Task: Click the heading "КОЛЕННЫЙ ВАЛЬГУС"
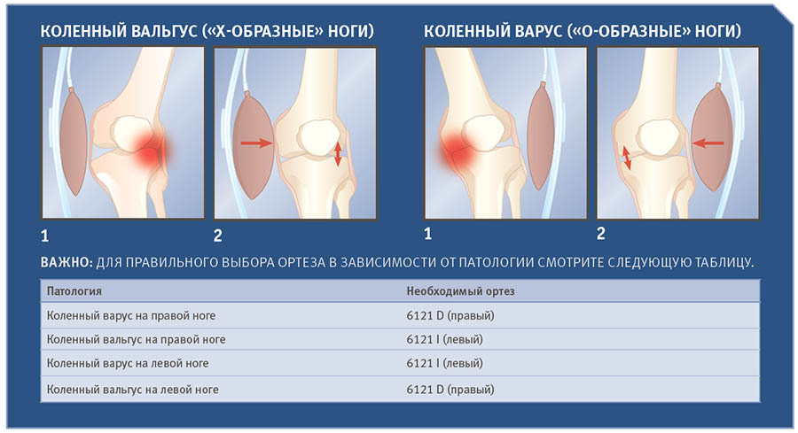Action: pyautogui.click(x=119, y=31)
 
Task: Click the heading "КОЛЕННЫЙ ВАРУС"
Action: pyautogui.click(x=493, y=31)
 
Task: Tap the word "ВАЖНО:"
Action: pyautogui.click(x=66, y=262)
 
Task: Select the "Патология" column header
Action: pyautogui.click(x=74, y=291)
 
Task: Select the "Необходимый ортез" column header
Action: pyautogui.click(x=460, y=291)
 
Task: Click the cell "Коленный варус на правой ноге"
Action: pyautogui.click(x=131, y=315)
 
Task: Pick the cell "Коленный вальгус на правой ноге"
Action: pyautogui.click(x=136, y=339)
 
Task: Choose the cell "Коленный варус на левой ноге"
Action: pyautogui.click(x=128, y=363)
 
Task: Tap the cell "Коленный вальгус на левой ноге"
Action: pyautogui.click(x=132, y=390)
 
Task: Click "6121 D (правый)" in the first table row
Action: pyautogui.click(x=450, y=315)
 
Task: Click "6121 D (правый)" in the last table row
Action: pyautogui.click(x=450, y=390)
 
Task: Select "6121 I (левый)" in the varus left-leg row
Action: pyautogui.click(x=444, y=363)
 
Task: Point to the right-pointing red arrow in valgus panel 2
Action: pyautogui.click(x=256, y=143)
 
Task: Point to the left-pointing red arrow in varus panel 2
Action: pyautogui.click(x=708, y=143)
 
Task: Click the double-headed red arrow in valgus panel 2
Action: pyautogui.click(x=338, y=154)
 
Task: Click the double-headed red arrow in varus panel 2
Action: pyautogui.click(x=627, y=158)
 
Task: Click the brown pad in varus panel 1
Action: pyautogui.click(x=541, y=135)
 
